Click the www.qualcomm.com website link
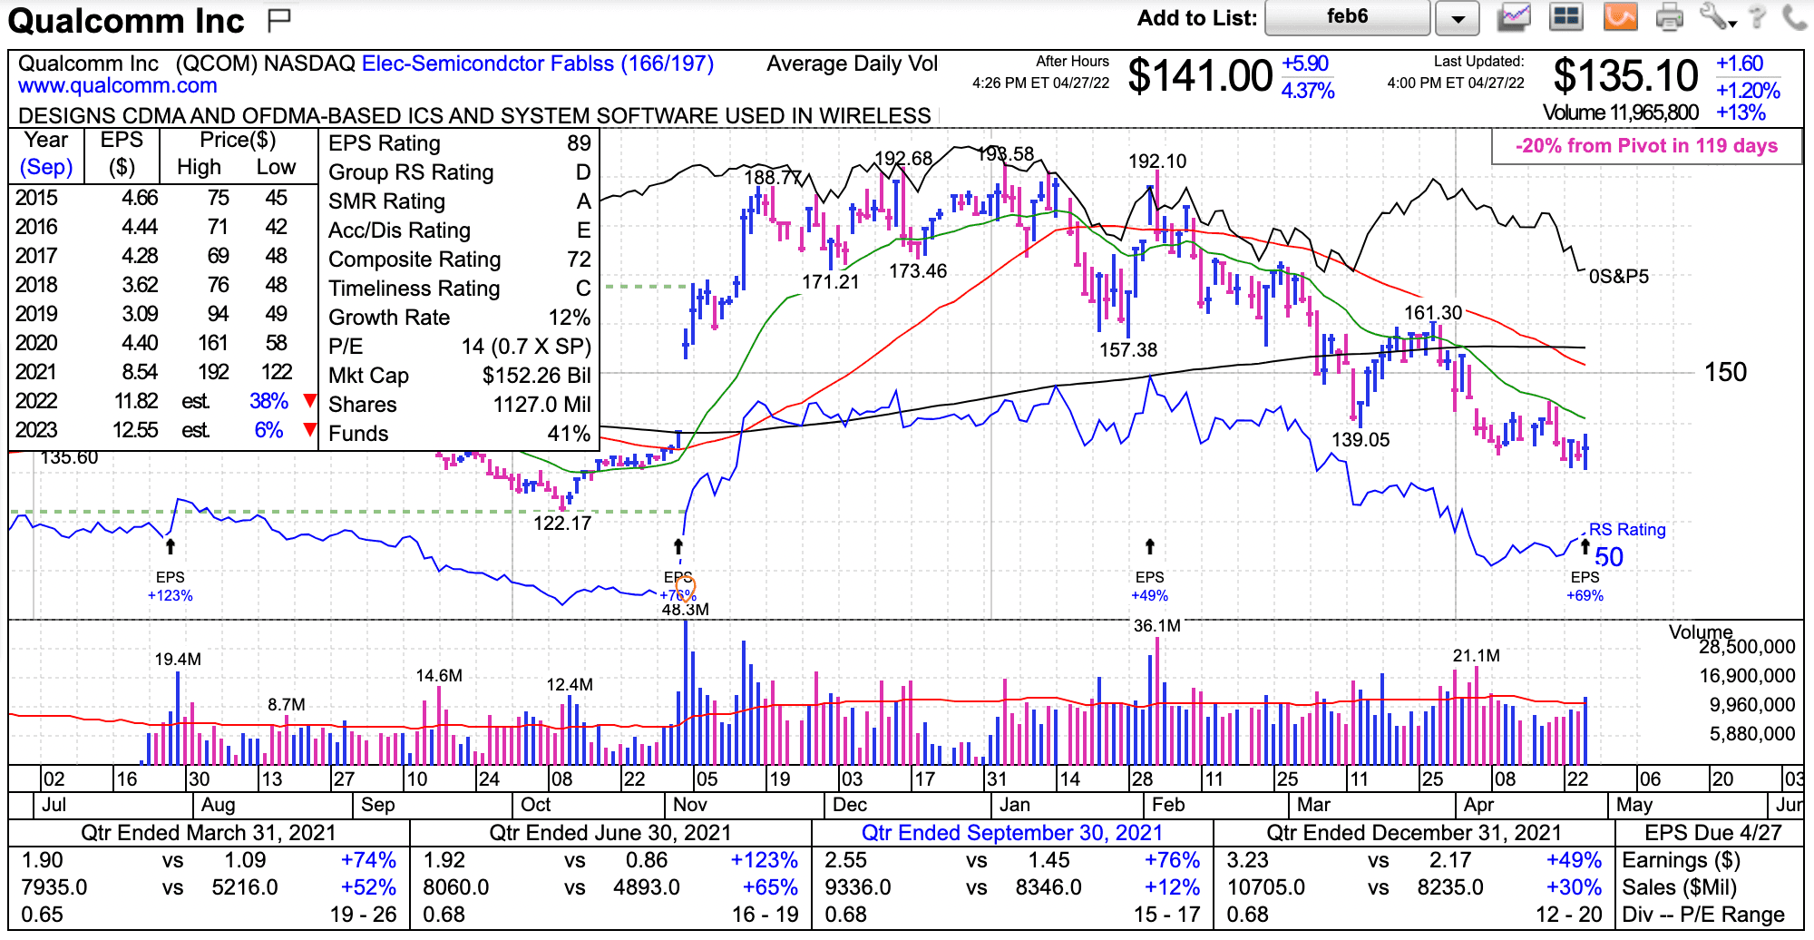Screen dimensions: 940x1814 (118, 86)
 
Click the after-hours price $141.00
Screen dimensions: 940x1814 (1200, 76)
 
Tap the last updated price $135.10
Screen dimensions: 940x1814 (1625, 76)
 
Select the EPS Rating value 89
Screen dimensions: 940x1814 (579, 143)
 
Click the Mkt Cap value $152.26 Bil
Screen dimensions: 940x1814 (536, 376)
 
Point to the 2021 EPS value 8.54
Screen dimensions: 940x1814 (140, 372)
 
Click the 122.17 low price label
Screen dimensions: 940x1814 (562, 524)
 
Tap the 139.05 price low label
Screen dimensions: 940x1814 (1360, 440)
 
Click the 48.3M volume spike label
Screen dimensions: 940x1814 (685, 610)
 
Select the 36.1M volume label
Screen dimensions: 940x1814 (1157, 626)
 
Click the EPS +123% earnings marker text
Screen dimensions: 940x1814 (170, 596)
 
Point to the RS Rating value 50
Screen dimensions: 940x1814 (1609, 557)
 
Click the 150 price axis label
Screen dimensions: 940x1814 (1725, 372)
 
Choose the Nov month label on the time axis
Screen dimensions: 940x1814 (689, 805)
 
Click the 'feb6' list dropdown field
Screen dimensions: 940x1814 (1347, 17)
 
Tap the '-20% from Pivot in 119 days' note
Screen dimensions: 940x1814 (1646, 146)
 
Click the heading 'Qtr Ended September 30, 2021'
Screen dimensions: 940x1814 (1011, 833)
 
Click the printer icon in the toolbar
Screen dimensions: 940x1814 (1669, 17)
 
